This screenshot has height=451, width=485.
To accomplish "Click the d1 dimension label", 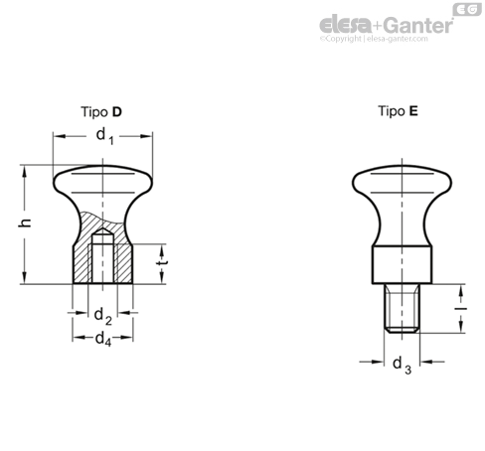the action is tap(104, 136).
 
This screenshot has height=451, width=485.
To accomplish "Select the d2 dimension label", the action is tap(103, 316).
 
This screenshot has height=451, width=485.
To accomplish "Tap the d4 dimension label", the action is tap(103, 340).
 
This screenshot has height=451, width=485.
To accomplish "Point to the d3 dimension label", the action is tap(402, 366).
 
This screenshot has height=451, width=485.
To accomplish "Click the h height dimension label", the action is tap(25, 223).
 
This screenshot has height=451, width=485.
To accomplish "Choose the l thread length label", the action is tap(460, 309).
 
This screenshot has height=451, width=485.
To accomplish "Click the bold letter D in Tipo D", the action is tap(117, 112).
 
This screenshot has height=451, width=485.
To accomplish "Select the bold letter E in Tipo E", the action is tap(413, 111).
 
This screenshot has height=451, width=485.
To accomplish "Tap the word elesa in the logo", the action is tap(345, 25).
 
